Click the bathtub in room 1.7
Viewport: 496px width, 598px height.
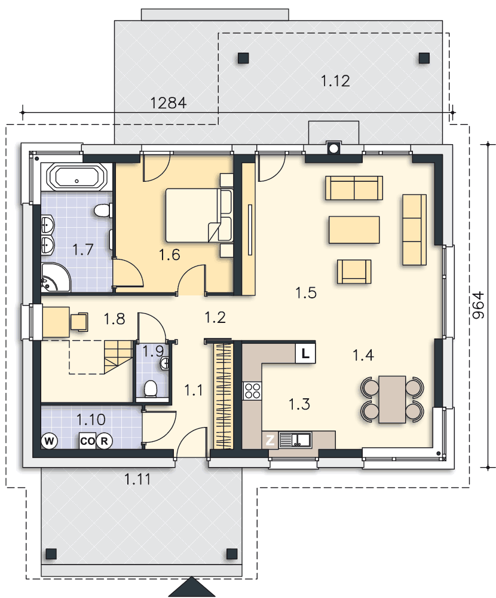76,178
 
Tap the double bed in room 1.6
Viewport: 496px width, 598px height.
198,215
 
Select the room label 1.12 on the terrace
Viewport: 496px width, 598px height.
335,81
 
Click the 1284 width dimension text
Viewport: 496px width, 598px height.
168,103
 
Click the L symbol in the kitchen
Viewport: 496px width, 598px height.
305,353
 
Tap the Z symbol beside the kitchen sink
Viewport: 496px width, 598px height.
270,440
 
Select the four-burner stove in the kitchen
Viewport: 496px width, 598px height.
252,390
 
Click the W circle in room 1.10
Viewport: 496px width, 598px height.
49,441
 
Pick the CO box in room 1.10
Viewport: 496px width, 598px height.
87,441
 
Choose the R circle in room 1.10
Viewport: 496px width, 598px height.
104,441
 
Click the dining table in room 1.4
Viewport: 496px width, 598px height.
392,399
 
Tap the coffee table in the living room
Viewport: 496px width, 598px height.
354,230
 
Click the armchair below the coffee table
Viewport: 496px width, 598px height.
354,271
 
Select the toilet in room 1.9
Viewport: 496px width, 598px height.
151,389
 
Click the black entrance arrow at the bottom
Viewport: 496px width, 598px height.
192,587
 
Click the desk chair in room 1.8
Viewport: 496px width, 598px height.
79,321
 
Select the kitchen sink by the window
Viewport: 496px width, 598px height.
295,440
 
